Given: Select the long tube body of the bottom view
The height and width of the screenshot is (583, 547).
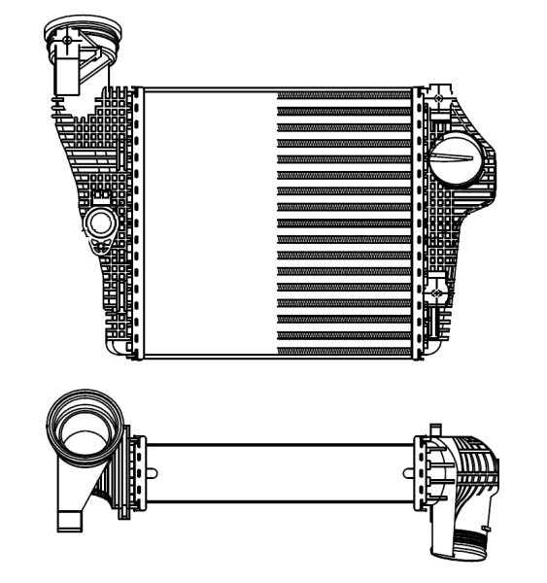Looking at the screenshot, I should coord(282,472).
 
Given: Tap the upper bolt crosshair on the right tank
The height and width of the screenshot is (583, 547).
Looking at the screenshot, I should coord(440,98).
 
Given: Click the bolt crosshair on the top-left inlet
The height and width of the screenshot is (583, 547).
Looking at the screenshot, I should coord(66,41).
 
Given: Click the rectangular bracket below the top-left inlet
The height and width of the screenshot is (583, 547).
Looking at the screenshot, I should coord(71,74).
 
